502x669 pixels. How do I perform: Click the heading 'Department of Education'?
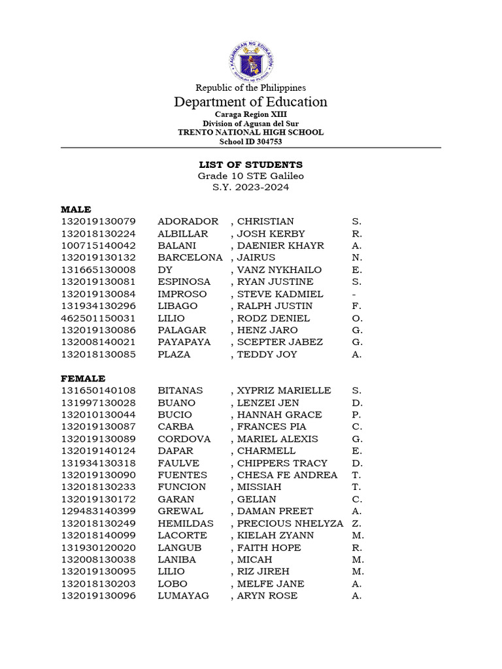(250, 102)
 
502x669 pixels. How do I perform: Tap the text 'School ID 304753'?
(250, 141)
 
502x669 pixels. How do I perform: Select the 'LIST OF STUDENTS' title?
(250, 165)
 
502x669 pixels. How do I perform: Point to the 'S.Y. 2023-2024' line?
(250, 188)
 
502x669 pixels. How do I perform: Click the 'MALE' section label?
(76, 210)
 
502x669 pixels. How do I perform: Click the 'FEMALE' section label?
(83, 378)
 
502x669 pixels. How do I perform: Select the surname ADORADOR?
(188, 221)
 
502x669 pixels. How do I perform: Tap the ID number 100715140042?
(99, 246)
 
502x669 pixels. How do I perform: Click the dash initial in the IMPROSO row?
(354, 294)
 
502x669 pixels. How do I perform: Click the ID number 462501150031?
(99, 318)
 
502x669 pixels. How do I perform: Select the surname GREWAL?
(180, 511)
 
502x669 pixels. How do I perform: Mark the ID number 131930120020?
(99, 547)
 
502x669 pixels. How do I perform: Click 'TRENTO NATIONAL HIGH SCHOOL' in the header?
(250, 132)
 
